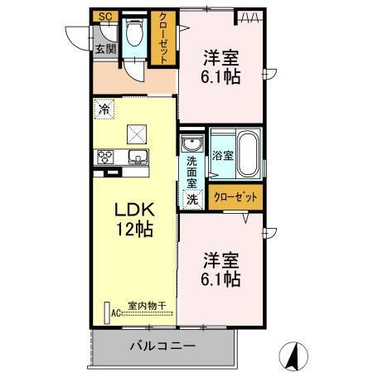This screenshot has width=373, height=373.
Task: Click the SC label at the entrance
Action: pos(104,17)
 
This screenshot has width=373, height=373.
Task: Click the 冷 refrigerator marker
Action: pos(104,108)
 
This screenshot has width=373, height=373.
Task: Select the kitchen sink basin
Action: pos(138,157)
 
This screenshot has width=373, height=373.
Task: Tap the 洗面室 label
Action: pos(191,172)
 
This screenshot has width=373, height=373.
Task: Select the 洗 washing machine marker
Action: pos(191,199)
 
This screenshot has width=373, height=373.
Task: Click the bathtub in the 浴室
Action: pos(248,153)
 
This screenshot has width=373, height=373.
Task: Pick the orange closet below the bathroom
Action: pos(236,197)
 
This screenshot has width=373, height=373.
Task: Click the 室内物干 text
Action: pos(146,306)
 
